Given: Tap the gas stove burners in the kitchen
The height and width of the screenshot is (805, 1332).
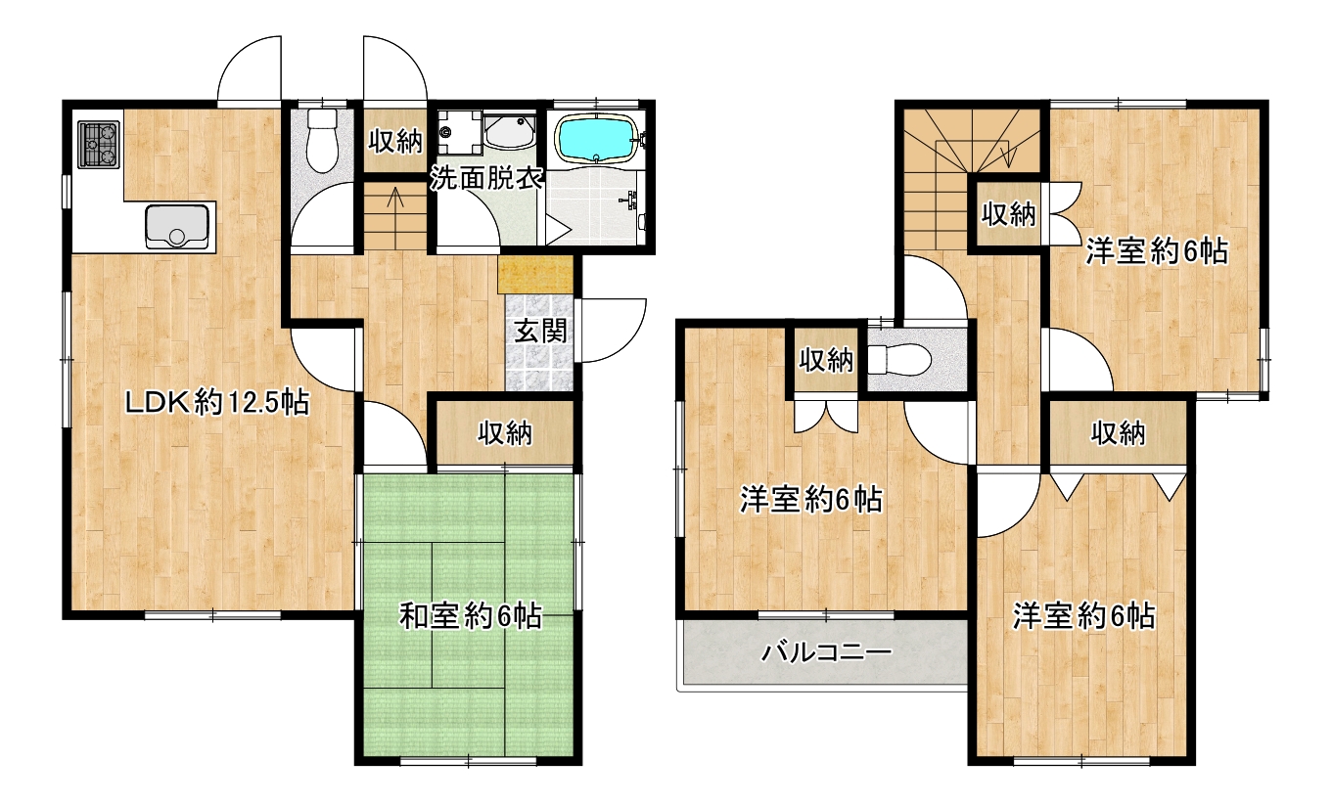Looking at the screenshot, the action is point(99,144).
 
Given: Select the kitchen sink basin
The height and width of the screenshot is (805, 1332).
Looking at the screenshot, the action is point(177,226).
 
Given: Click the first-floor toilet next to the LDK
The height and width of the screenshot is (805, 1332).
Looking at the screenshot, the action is point(322,140).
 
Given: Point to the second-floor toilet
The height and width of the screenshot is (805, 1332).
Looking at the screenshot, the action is point(898,359).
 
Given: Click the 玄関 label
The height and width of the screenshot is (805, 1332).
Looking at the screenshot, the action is point(540,332).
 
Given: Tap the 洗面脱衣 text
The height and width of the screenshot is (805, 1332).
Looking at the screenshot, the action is point(486,178).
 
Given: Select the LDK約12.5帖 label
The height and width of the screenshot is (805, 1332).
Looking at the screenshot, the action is point(217,404).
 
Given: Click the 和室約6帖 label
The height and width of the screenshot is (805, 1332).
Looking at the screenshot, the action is point(470,616).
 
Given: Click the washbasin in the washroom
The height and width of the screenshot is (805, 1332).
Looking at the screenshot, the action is point(510,132).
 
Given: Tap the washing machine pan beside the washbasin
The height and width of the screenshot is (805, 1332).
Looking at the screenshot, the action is point(460,132).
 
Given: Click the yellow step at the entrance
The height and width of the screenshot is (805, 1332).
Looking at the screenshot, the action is point(535,275).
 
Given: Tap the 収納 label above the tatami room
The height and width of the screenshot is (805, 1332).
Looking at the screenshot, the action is point(505,433).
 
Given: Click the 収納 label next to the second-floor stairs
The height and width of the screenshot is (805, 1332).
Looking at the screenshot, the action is point(1008,214).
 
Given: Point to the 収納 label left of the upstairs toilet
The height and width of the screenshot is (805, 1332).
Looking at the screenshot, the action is point(826,360).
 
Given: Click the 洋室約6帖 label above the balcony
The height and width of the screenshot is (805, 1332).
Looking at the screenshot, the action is point(811,500).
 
